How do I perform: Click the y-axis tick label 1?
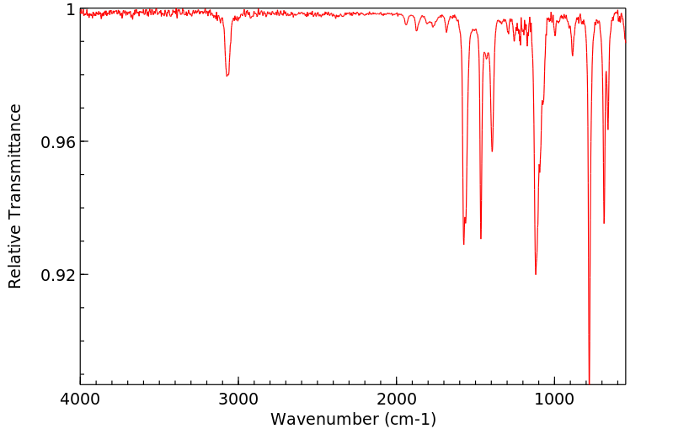pos(71,9)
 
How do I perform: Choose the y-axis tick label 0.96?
pos(58,142)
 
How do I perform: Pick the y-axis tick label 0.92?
pos(58,275)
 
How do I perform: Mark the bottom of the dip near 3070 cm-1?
pos(227,76)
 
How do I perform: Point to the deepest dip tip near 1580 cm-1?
pos(464,244)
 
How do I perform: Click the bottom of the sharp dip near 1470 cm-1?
pos(481,238)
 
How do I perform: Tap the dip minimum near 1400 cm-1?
pos(492,151)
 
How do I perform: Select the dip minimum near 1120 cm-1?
pos(536,274)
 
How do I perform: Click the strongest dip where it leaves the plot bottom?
pos(590,383)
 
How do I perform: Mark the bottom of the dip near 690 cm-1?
pos(604,223)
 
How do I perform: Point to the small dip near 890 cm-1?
pos(573,56)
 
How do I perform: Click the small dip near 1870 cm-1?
pos(417,30)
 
